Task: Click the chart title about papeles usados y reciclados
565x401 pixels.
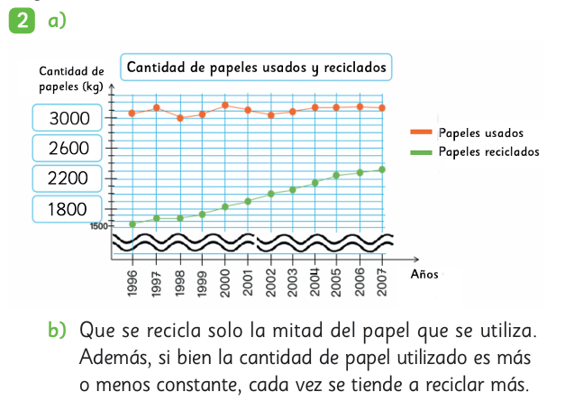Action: (x=257, y=68)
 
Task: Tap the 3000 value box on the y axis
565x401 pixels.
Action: (x=68, y=117)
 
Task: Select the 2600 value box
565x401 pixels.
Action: (x=68, y=148)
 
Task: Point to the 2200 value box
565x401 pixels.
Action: (x=68, y=178)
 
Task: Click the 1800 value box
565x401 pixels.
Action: (x=68, y=210)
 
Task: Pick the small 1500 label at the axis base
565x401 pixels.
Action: (x=98, y=225)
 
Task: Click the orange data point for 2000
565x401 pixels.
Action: (x=225, y=105)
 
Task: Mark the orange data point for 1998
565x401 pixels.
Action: (x=180, y=118)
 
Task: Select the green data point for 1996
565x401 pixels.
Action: (x=132, y=223)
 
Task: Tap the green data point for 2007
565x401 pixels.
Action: (x=382, y=169)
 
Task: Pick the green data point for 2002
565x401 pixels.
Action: (x=270, y=194)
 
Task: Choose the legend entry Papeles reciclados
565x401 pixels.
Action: (x=488, y=151)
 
